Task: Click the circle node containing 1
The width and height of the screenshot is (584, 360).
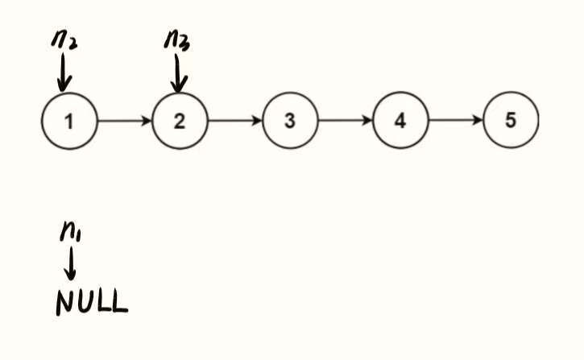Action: click(x=69, y=122)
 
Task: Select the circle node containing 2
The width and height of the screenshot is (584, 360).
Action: click(x=180, y=122)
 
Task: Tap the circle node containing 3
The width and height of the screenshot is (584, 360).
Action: click(x=290, y=122)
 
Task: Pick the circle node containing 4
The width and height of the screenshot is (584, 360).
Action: click(x=400, y=122)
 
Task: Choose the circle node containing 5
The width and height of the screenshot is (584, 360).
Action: click(x=511, y=122)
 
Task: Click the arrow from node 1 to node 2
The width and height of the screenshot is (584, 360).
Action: click(x=124, y=122)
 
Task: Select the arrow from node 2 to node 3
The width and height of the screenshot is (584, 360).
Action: click(x=234, y=122)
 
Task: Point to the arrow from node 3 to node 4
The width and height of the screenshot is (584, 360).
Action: click(x=345, y=122)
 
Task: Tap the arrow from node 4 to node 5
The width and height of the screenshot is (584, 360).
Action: click(x=455, y=122)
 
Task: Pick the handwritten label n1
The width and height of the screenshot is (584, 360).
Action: click(x=71, y=233)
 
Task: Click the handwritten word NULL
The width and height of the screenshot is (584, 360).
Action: click(x=91, y=302)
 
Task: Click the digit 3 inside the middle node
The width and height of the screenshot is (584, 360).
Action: click(x=290, y=122)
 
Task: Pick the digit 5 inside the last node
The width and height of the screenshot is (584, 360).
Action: click(x=511, y=122)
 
